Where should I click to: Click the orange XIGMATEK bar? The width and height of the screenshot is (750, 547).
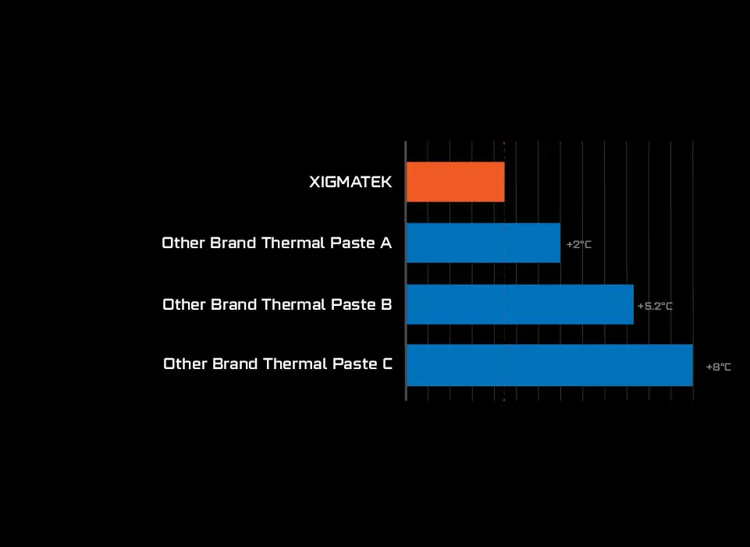[x=455, y=182]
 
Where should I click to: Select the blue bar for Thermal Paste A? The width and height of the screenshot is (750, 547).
[x=484, y=243]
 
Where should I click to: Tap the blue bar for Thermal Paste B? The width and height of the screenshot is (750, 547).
[x=520, y=304]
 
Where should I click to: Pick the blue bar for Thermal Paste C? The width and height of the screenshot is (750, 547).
[x=549, y=365]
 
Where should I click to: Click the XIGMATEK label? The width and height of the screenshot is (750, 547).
[x=350, y=182]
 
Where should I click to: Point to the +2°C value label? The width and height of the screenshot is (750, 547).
[x=579, y=244]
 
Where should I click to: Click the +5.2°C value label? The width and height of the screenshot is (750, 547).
[x=655, y=306]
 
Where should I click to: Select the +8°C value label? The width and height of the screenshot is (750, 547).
[x=719, y=367]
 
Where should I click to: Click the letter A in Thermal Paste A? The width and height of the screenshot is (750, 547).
[x=386, y=243]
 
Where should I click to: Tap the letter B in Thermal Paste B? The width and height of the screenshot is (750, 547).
[x=386, y=304]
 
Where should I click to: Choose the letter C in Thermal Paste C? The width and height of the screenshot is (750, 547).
[x=387, y=364]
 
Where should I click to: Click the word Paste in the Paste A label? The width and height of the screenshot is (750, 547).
[x=353, y=243]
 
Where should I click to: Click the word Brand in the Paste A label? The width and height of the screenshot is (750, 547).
[x=233, y=243]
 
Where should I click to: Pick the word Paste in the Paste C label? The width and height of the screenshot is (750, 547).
[x=354, y=364]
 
